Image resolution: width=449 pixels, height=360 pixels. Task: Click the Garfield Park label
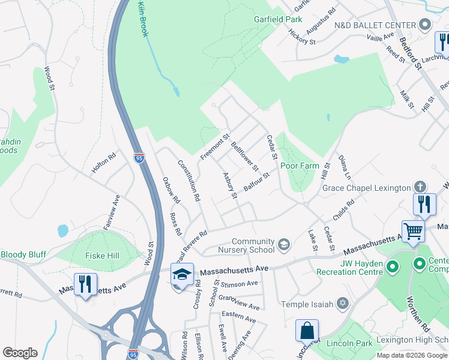click(277, 20)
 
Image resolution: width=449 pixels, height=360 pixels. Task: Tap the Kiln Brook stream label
click(142, 19)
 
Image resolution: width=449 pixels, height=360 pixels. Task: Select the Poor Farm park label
click(298, 166)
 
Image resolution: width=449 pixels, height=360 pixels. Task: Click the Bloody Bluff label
click(23, 254)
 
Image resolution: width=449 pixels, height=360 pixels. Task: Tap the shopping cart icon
click(413, 230)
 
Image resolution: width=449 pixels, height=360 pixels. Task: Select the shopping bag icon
click(307, 331)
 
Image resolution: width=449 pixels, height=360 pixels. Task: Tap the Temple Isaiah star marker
click(342, 304)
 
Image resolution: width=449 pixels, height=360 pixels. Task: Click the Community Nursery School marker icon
click(284, 245)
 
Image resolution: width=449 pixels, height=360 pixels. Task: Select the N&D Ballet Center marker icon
click(425, 25)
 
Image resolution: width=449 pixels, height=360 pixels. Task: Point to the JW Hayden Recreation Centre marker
click(393, 266)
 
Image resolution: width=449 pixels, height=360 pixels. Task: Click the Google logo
click(20, 352)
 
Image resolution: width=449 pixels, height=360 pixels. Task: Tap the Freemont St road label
click(215, 147)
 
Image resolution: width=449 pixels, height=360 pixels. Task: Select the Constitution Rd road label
click(188, 180)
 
